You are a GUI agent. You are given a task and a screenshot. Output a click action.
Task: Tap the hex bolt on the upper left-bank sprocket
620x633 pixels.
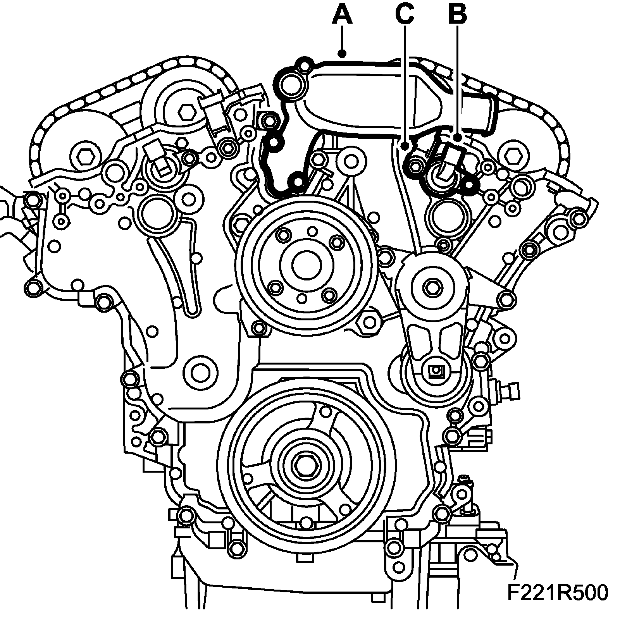(186, 113)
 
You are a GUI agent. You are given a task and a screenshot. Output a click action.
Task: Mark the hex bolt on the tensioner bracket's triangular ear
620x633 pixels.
(505, 299)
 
